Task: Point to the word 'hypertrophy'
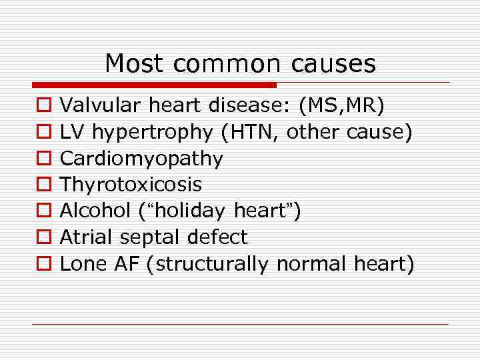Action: pyautogui.click(x=152, y=133)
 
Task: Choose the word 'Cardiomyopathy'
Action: pyautogui.click(x=141, y=159)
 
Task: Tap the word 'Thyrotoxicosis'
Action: pyautogui.click(x=131, y=185)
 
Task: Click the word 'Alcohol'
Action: pyautogui.click(x=94, y=211)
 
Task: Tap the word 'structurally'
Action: pyautogui.click(x=210, y=264)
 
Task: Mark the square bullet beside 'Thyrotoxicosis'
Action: pyautogui.click(x=42, y=185)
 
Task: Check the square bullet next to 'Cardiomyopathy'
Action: pyautogui.click(x=42, y=159)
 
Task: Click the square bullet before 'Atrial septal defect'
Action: pyautogui.click(x=42, y=237)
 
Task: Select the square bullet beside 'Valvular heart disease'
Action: pyautogui.click(x=42, y=106)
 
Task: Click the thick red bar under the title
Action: pyautogui.click(x=154, y=85)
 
